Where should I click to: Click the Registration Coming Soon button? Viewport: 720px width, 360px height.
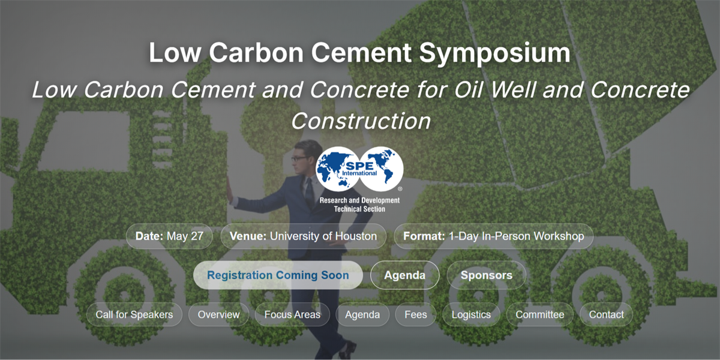278,275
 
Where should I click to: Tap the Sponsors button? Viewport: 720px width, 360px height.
487,275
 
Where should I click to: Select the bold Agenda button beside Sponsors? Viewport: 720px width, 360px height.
404,275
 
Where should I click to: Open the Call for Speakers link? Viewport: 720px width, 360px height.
134,314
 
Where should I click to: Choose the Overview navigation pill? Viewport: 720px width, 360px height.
218,314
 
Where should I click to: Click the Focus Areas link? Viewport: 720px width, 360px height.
292,314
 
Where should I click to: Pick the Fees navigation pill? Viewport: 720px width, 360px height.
416,314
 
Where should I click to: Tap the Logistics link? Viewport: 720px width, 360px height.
471,314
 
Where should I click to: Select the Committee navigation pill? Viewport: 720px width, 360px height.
539,314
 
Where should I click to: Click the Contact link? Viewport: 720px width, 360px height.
606,314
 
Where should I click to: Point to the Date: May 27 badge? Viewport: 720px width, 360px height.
169,236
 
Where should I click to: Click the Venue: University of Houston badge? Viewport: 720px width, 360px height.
303,236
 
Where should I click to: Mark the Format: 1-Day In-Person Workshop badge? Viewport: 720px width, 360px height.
493,236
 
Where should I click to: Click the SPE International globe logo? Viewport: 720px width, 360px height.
359,169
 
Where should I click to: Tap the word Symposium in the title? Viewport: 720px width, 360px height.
494,53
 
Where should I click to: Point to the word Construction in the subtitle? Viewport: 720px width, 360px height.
361,121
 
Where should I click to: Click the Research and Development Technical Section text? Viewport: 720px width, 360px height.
359,205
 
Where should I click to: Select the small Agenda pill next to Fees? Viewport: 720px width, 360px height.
362,314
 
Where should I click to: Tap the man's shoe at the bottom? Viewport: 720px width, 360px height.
348,350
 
